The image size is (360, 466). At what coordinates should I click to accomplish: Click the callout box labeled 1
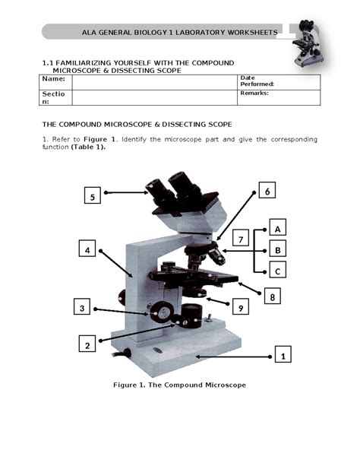coord(283,355)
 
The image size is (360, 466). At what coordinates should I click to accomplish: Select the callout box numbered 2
coord(87,344)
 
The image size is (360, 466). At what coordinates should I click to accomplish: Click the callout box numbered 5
coord(92,197)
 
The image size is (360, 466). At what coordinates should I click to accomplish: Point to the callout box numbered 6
coord(267,192)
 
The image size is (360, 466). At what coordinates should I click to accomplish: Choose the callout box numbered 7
coord(240,240)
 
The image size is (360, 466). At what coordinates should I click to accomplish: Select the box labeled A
coord(278,228)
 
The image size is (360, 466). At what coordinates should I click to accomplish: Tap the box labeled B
coord(278,249)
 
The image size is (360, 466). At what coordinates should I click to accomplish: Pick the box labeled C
coord(278,271)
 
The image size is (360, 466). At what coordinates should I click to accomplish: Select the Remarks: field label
coord(254,94)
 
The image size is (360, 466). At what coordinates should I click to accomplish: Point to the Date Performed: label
coord(256,81)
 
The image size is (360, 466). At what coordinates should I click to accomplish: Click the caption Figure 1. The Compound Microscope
coord(179,385)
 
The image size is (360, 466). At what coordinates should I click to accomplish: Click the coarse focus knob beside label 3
coord(160,311)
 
